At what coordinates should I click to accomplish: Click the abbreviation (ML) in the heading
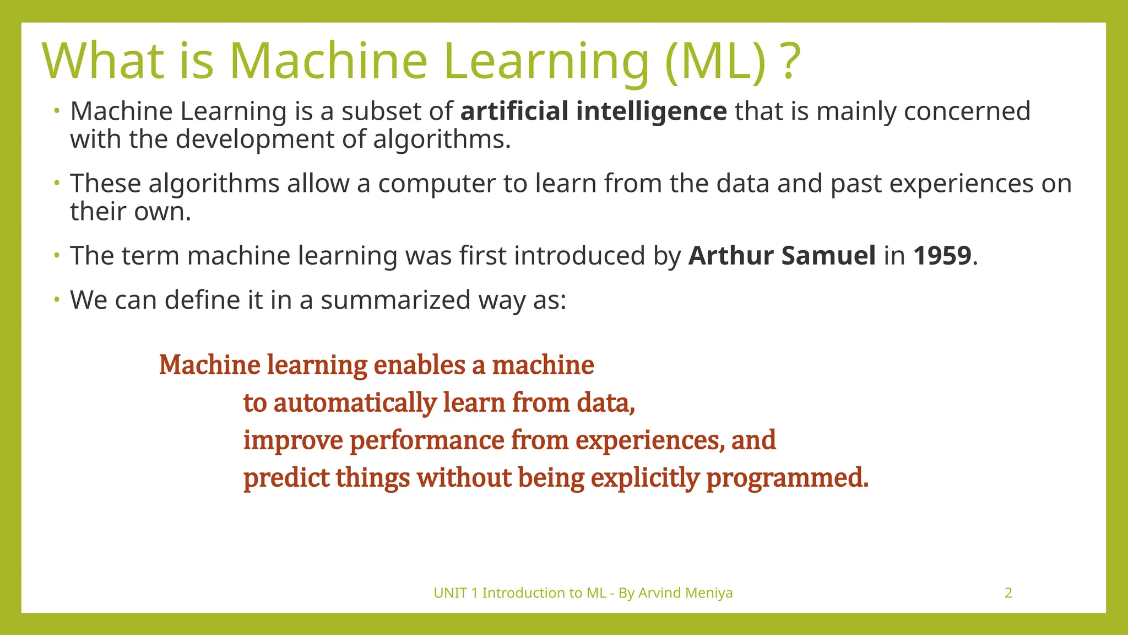717,62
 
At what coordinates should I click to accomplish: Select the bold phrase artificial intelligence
593,111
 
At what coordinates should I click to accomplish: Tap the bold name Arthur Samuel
782,256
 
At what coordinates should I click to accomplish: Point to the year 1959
942,256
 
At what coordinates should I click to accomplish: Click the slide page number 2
1008,593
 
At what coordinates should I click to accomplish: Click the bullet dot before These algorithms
56,183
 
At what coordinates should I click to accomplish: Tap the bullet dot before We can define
56,300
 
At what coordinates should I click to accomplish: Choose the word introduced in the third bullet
579,256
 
